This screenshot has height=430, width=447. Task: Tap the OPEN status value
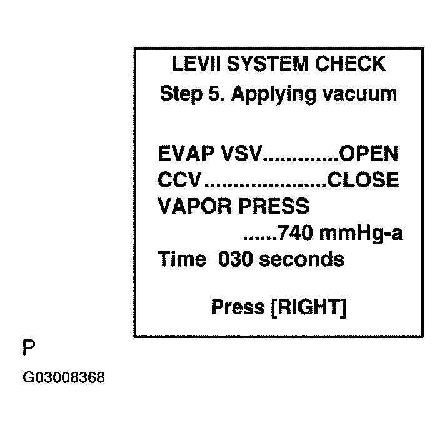[369, 154]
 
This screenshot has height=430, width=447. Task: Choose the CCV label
[180, 181]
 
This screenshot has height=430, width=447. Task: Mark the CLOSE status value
[364, 181]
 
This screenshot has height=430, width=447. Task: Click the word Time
[182, 259]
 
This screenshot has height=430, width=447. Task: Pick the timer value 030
[235, 259]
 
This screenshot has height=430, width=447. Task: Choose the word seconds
[301, 259]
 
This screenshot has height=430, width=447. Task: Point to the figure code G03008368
[64, 378]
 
